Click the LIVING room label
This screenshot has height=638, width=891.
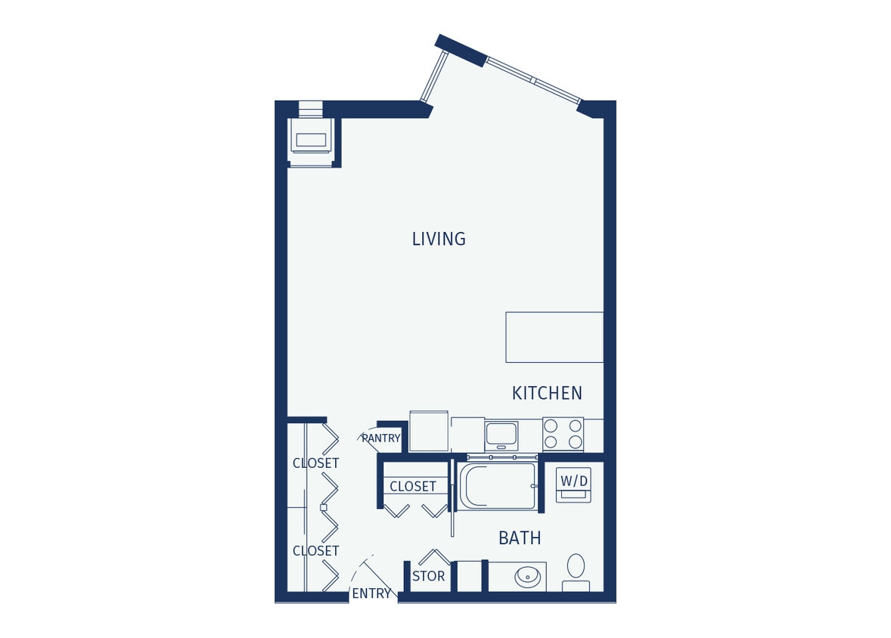439,239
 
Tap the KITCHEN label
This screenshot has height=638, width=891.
547,393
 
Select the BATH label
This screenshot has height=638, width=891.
520,538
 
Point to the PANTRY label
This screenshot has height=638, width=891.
380,438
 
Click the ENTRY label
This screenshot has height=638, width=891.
371,594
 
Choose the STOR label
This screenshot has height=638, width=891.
428,577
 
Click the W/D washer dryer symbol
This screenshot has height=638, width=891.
573,485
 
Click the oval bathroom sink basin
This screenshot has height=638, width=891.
528,577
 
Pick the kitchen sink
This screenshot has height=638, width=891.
501,435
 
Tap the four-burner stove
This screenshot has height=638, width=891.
563,434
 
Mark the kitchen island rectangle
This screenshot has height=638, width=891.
554,337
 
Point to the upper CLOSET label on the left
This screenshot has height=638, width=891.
315,463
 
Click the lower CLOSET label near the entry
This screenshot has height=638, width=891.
315,551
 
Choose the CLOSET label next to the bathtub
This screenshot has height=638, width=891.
413,487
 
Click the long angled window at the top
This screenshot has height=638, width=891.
533,80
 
